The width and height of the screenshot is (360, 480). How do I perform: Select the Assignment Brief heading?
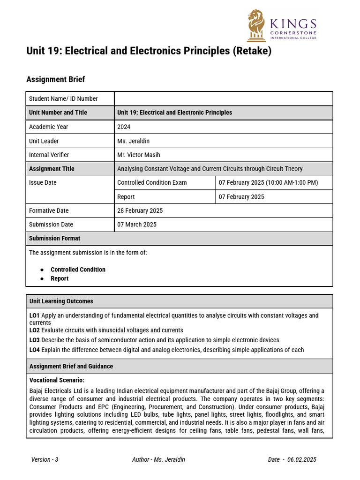point(56,79)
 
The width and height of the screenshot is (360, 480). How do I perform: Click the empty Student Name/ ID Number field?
point(223,98)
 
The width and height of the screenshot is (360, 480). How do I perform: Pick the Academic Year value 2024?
point(124,127)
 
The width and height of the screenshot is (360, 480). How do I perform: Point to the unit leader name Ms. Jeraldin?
point(134,141)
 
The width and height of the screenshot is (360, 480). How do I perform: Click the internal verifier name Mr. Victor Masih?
point(139,155)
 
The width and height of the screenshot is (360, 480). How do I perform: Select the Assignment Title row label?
point(52,169)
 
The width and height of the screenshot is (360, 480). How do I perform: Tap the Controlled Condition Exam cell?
point(152,183)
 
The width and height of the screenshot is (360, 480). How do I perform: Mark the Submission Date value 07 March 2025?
point(137,225)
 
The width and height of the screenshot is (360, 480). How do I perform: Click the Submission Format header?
point(54,239)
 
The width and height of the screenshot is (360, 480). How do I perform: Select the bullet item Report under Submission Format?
point(60,278)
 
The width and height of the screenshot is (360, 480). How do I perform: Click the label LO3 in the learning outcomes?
point(34,340)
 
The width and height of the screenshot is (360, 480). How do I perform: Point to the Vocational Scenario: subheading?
point(57,380)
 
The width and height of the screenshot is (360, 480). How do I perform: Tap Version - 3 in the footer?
point(45,459)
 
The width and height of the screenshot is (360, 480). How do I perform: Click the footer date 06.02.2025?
point(302,459)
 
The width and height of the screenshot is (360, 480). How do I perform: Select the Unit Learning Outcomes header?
point(61,301)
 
